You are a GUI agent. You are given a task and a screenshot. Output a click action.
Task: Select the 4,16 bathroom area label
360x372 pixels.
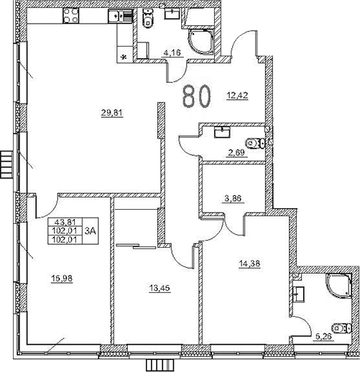[172, 52]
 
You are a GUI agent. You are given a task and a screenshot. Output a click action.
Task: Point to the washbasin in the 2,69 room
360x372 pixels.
[221, 131]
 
